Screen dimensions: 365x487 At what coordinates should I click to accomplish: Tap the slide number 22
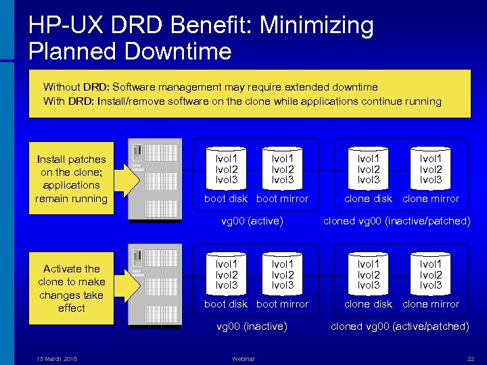pyautogui.click(x=471, y=358)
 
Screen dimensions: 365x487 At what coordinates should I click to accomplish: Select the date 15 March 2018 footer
pyautogui.click(x=57, y=358)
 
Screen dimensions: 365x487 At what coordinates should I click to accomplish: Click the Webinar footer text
pyautogui.click(x=243, y=358)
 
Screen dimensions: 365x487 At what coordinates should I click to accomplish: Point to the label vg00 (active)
pyautogui.click(x=252, y=220)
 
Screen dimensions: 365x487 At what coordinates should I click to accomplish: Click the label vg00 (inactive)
pyautogui.click(x=252, y=326)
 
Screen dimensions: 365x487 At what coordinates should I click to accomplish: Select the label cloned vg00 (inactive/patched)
pyautogui.click(x=396, y=220)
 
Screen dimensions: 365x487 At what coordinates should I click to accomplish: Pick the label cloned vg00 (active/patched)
pyautogui.click(x=400, y=326)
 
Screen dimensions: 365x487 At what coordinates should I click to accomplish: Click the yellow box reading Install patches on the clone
pyautogui.click(x=71, y=179)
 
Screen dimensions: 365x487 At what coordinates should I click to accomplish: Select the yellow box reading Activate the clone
pyautogui.click(x=71, y=288)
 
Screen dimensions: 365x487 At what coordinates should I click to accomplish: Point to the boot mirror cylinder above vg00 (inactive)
pyautogui.click(x=282, y=272)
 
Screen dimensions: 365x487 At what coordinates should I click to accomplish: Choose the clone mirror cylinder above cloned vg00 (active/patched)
pyautogui.click(x=431, y=272)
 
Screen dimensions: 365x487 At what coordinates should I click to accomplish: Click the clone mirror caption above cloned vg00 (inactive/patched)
pyautogui.click(x=431, y=199)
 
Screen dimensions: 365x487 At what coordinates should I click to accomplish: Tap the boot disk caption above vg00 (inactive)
pyautogui.click(x=226, y=304)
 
